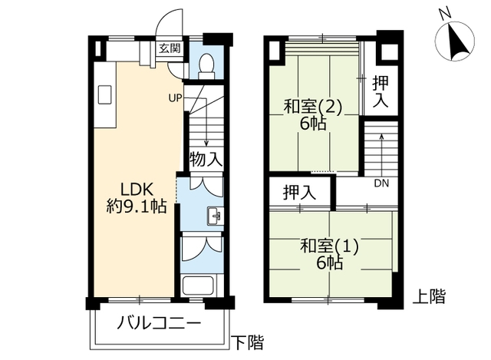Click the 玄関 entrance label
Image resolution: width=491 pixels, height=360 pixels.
click(x=170, y=48)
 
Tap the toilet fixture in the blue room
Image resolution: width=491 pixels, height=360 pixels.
click(x=206, y=66)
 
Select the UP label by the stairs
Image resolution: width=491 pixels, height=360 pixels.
click(x=175, y=98)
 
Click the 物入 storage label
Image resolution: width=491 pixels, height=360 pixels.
click(x=206, y=159)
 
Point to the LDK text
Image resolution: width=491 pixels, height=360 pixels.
click(x=137, y=190)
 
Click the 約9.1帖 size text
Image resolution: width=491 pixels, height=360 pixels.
click(x=137, y=206)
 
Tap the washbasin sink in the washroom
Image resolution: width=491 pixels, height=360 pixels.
click(x=215, y=216)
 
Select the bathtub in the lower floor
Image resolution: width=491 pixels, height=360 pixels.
click(x=198, y=286)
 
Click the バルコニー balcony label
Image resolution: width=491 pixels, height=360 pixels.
click(x=159, y=323)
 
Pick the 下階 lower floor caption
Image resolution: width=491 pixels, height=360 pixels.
click(x=247, y=342)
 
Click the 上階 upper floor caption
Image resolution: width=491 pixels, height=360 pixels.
click(x=429, y=296)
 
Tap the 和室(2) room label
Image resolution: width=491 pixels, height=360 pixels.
click(x=312, y=107)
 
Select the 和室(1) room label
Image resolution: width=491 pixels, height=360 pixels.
click(x=329, y=246)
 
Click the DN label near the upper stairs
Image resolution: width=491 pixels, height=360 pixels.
click(x=381, y=183)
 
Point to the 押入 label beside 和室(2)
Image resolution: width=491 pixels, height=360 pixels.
click(x=381, y=92)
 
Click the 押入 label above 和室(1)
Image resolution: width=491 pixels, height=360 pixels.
click(x=299, y=192)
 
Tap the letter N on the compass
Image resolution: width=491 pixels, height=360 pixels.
click(x=445, y=14)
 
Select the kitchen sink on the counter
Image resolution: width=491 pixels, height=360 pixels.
click(x=105, y=94)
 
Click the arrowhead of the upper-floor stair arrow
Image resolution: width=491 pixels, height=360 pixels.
click(x=381, y=136)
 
